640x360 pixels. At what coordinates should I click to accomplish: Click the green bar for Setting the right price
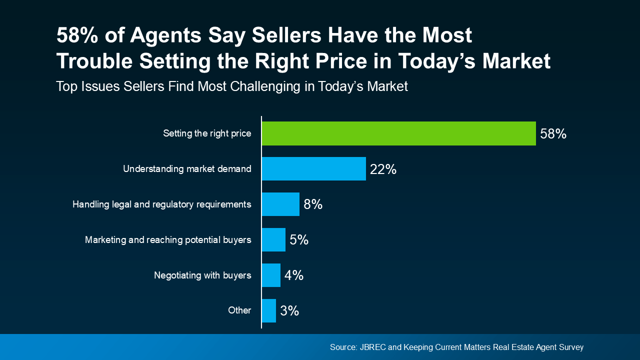[398, 133]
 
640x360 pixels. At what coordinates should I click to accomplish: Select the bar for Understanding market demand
[313, 169]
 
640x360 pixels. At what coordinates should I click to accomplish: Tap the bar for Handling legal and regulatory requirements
[280, 204]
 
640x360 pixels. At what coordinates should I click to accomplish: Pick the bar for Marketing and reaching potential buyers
[273, 240]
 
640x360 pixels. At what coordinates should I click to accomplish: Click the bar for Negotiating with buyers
[271, 275]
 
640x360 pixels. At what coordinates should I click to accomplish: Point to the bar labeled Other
[268, 310]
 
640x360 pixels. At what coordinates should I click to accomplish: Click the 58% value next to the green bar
[553, 134]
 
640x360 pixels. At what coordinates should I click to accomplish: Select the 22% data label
[383, 169]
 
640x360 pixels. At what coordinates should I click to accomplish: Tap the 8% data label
[313, 205]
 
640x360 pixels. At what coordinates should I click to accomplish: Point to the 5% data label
[299, 240]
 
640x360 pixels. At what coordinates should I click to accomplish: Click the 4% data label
[294, 275]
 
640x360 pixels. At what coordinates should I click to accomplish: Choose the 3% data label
[289, 311]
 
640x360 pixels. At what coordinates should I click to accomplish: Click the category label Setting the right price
[207, 133]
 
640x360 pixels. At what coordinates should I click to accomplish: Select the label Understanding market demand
[187, 169]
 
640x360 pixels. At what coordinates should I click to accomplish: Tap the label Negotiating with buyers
[202, 275]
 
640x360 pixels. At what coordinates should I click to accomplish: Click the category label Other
[239, 310]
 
